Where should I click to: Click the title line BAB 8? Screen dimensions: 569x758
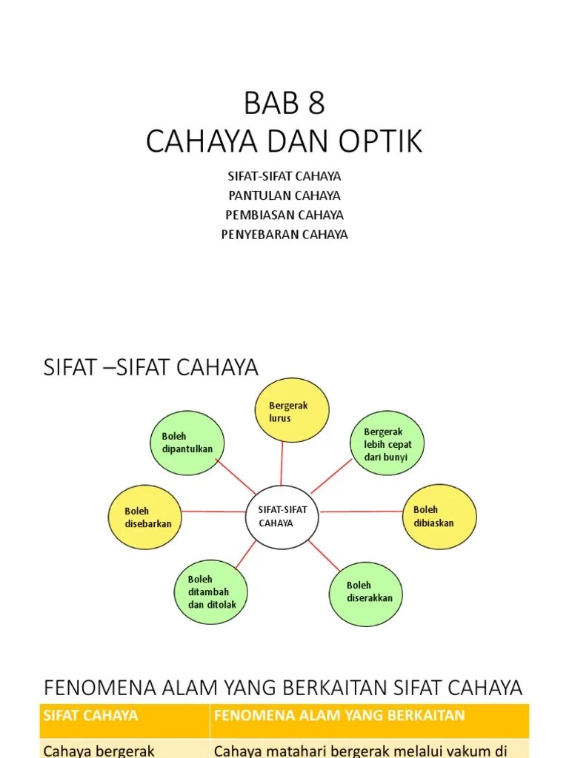[284, 102]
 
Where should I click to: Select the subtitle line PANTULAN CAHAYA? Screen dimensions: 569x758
[284, 195]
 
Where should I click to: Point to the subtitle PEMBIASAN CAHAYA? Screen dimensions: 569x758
[284, 215]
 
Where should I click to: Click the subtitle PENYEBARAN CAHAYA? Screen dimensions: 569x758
[284, 235]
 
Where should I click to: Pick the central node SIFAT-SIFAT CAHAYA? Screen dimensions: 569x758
[282, 517]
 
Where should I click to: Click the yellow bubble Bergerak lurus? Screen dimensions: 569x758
[292, 410]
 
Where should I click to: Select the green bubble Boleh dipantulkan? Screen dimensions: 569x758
[187, 443]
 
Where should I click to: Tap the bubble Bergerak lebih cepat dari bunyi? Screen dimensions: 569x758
[387, 443]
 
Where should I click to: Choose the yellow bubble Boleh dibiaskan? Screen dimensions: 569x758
[439, 517]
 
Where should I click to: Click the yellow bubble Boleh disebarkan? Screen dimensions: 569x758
[145, 517]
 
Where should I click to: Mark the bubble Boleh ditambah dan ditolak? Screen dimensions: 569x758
[211, 591]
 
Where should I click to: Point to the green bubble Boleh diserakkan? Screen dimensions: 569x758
[366, 594]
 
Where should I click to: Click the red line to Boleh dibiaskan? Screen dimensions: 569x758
[361, 512]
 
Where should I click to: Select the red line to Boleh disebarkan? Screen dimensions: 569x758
[214, 512]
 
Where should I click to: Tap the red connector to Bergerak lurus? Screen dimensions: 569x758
[282, 463]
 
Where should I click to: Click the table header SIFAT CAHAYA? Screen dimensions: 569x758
[90, 716]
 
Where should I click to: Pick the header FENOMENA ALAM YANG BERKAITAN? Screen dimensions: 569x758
[339, 716]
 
